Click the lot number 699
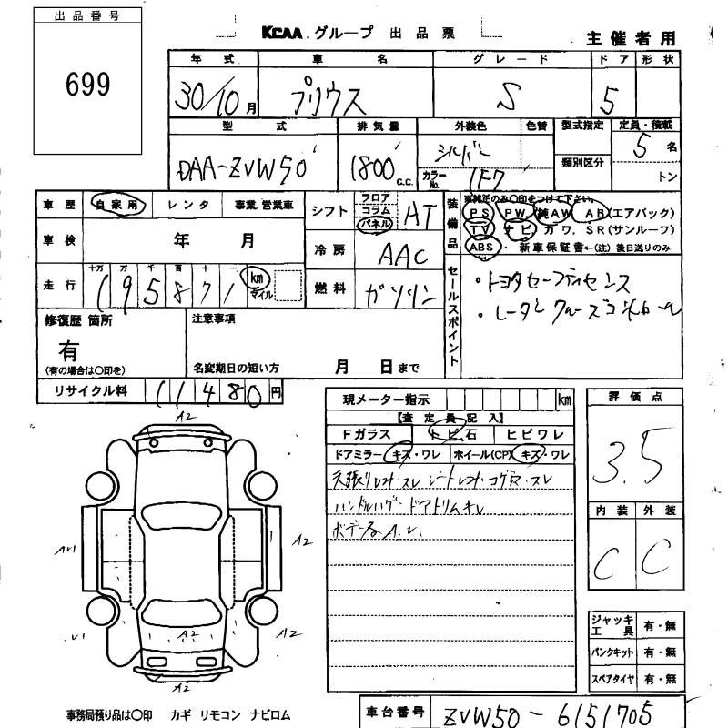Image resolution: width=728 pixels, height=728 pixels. pyautogui.click(x=88, y=84)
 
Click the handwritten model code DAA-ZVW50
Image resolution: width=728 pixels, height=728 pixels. pyautogui.click(x=244, y=167)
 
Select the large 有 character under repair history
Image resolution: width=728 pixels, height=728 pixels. pyautogui.click(x=68, y=349)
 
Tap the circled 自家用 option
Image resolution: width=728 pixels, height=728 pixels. pyautogui.click(x=118, y=206)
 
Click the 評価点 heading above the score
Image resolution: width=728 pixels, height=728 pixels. pyautogui.click(x=633, y=397)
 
